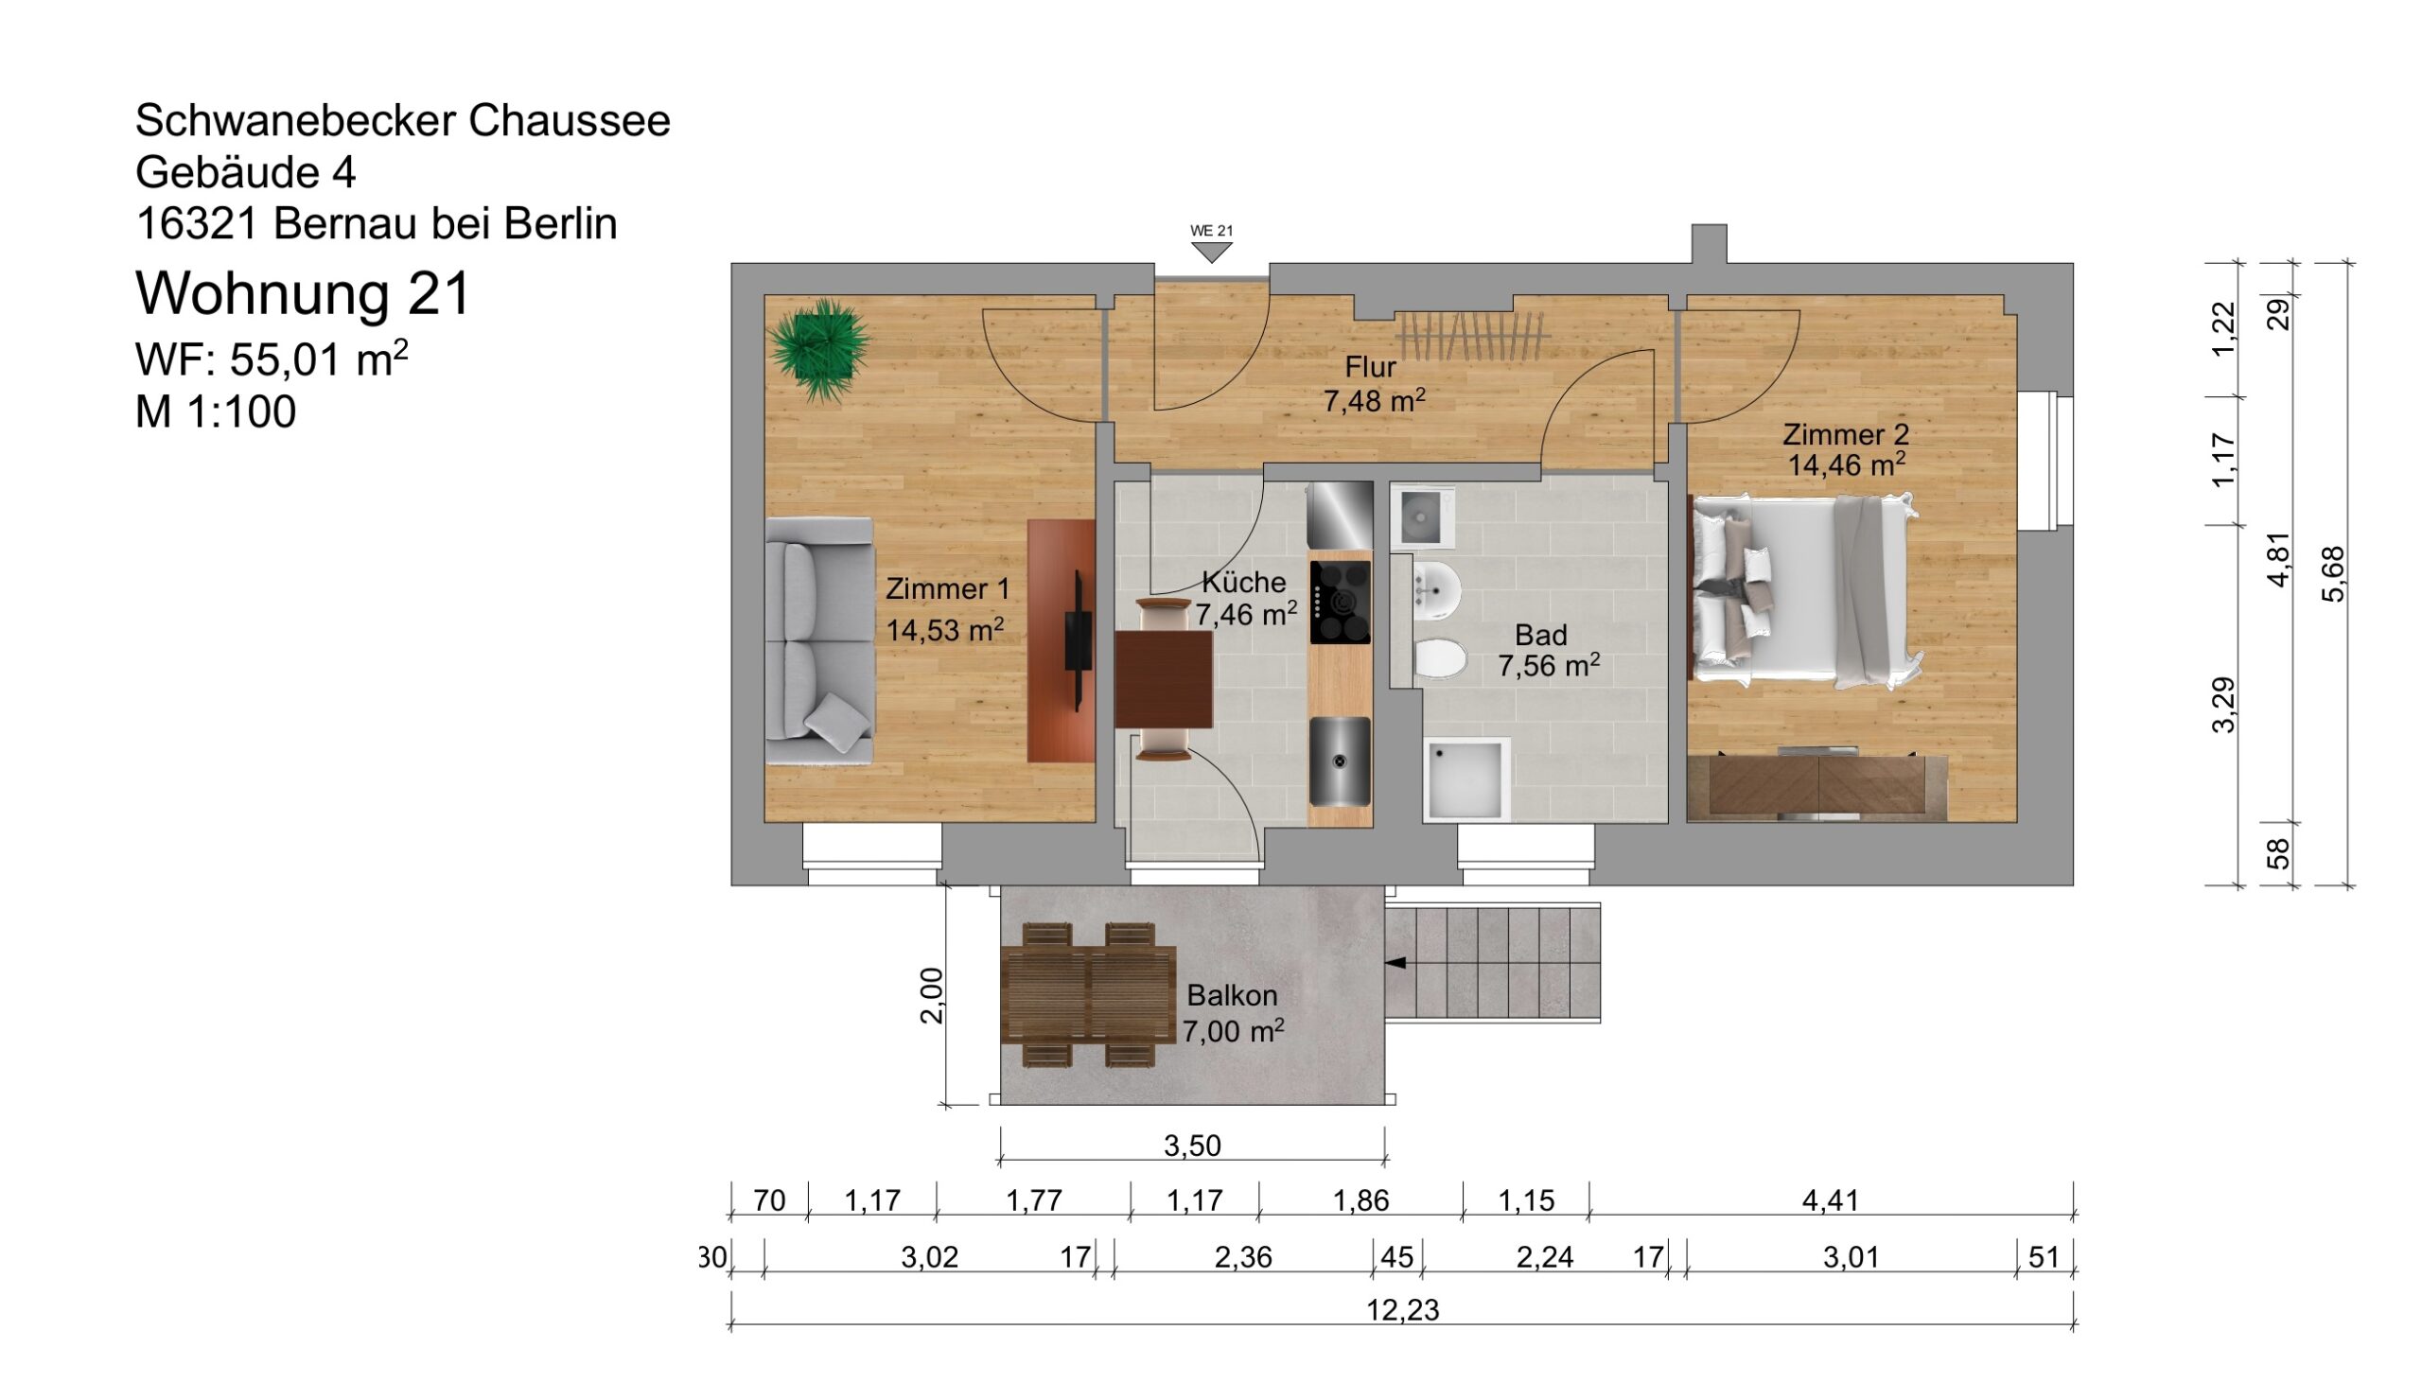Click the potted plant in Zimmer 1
click(x=818, y=349)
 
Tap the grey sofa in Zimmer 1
click(x=818, y=641)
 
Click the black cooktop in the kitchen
click(x=1340, y=603)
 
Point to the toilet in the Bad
click(x=1439, y=659)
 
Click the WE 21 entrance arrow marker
click(x=1211, y=252)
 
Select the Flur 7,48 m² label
click(x=1374, y=384)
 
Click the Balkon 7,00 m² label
click(x=1232, y=1013)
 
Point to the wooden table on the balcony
click(x=1087, y=994)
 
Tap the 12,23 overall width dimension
click(x=1402, y=1310)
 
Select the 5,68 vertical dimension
click(x=2333, y=574)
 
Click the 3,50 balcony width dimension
click(x=1192, y=1146)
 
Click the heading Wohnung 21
click(x=303, y=293)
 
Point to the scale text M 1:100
click(x=216, y=411)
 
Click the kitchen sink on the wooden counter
click(x=1339, y=762)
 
